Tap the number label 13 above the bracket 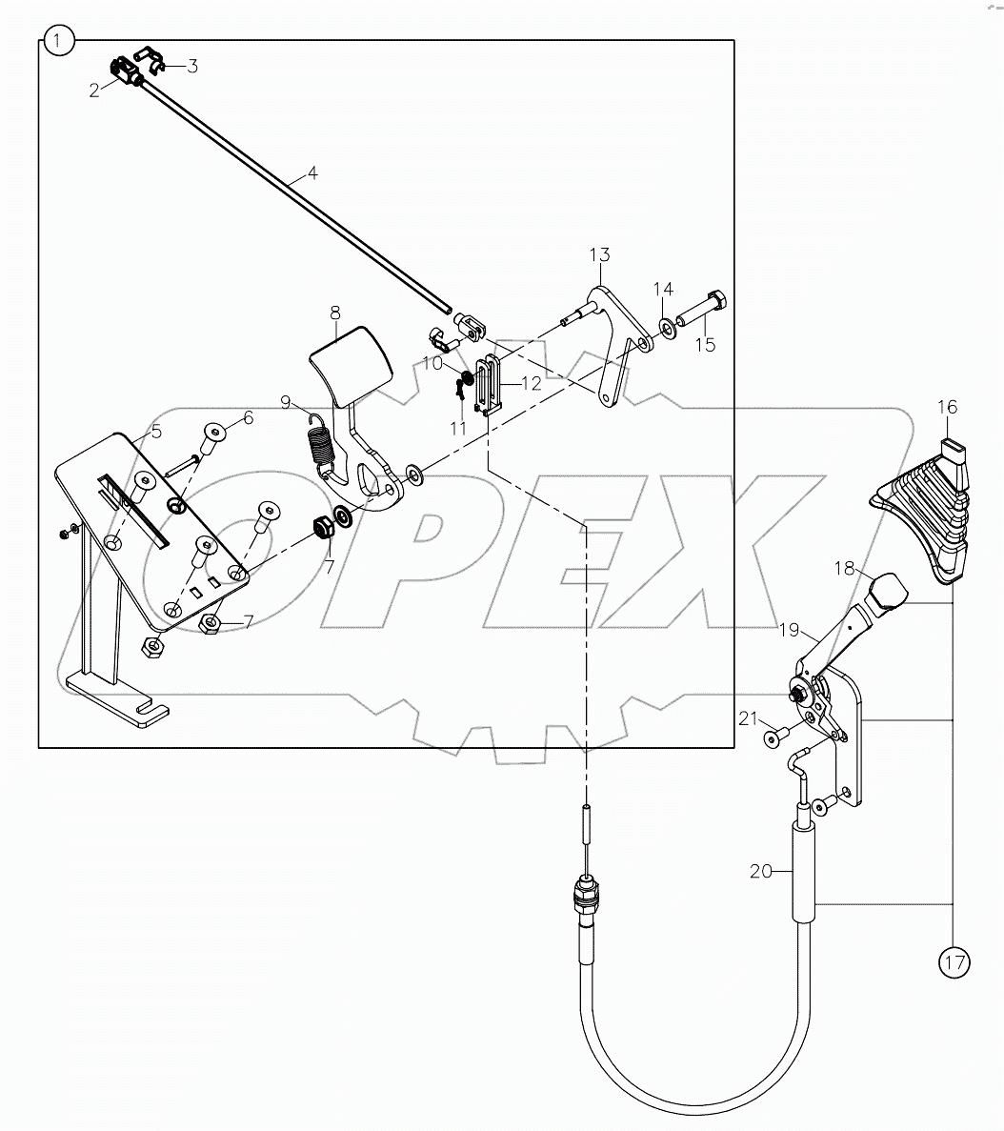pyautogui.click(x=599, y=255)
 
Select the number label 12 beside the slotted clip pyautogui.click(x=530, y=382)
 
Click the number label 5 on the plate pyautogui.click(x=156, y=431)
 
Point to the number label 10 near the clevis pyautogui.click(x=433, y=363)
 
